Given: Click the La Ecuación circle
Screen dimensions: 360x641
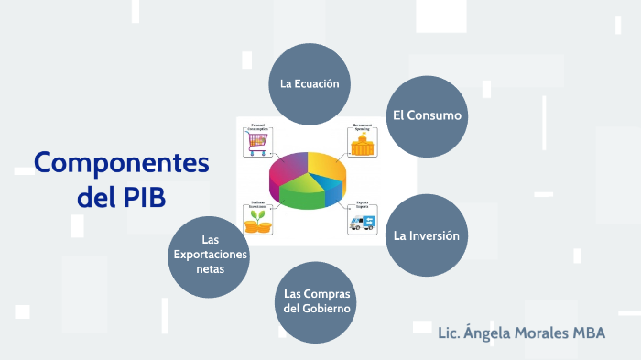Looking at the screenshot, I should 310,83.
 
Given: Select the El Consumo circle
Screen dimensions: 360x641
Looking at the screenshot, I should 427,116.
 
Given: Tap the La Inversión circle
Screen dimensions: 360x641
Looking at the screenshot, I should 427,235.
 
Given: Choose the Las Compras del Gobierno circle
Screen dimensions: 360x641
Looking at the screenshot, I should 317,301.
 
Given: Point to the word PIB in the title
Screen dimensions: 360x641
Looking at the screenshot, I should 145,196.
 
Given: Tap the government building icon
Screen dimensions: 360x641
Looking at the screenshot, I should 364,145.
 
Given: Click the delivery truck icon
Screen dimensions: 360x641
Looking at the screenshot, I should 364,221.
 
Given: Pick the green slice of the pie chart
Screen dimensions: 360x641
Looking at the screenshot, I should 299,192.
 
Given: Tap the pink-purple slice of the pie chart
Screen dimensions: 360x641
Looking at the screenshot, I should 288,168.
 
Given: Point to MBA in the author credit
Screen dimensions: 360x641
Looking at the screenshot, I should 588,333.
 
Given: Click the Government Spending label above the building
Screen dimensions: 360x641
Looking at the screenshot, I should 364,127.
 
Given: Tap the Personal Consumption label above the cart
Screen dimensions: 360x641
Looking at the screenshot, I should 258,127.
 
